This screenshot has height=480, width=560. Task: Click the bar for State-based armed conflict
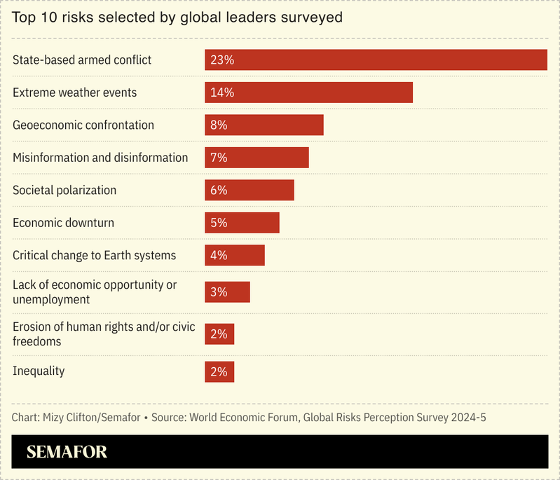376,60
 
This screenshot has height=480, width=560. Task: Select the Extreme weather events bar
308,92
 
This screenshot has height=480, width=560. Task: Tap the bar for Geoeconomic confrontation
264,125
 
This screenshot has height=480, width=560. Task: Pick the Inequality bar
219,372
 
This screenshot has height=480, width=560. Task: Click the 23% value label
221,60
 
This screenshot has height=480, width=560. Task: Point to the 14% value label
221,92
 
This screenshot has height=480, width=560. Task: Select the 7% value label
219,158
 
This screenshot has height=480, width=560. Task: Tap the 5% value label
219,223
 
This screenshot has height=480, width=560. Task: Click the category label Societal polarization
64,191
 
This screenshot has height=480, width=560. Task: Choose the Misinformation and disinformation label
100,158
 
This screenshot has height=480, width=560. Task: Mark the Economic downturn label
63,223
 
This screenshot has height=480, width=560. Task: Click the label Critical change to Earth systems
94,255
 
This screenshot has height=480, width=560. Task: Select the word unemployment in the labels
51,299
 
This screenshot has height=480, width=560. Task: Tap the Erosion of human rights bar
219,334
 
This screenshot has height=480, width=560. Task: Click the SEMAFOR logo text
67,453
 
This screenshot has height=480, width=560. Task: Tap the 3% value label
219,292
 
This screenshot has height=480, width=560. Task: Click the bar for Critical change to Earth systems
235,255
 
